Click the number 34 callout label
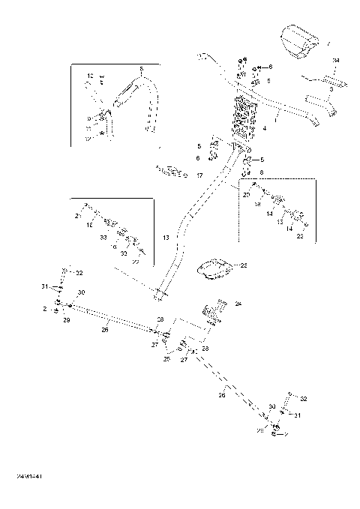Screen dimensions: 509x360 pyautogui.click(x=335, y=60)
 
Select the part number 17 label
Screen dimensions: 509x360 pyautogui.click(x=199, y=175)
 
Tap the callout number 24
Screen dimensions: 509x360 pyautogui.click(x=238, y=304)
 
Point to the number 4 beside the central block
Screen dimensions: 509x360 pyautogui.click(x=265, y=128)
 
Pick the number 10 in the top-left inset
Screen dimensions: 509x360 pyautogui.click(x=89, y=76)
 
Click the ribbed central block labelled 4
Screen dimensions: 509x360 pyautogui.click(x=247, y=120)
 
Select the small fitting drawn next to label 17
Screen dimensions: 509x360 pyautogui.click(x=172, y=172)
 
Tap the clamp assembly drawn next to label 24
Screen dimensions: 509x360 pyautogui.click(x=213, y=311)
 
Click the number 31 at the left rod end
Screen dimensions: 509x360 pyautogui.click(x=44, y=287)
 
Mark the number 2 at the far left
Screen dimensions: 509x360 pyautogui.click(x=45, y=308)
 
